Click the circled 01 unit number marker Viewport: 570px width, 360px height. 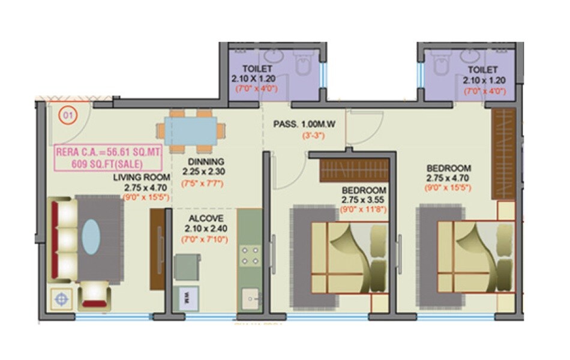tap(67, 115)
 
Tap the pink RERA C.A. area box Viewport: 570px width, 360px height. tap(109, 158)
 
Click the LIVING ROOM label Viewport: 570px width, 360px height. tap(138, 177)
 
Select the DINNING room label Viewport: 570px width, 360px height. tap(205, 161)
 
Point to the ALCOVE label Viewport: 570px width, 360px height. tap(206, 218)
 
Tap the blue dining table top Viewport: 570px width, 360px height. tap(191, 130)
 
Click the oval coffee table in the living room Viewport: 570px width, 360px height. tap(91, 236)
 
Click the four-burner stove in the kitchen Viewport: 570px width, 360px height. tap(250, 256)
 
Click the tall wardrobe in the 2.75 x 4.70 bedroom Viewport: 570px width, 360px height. tap(503, 154)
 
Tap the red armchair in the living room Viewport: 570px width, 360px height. tap(94, 295)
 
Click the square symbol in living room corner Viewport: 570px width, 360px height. tap(61, 297)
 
